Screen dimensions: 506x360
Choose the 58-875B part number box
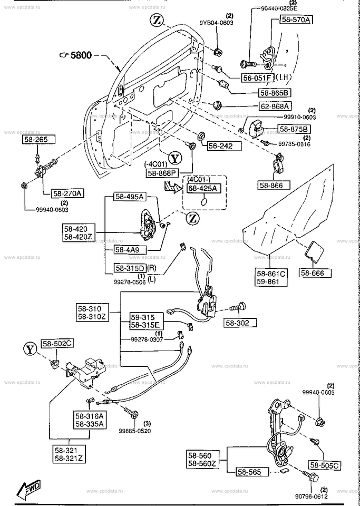294,129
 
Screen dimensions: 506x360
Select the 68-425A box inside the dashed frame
202,188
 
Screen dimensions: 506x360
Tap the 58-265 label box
35,140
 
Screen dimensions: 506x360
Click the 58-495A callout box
129,197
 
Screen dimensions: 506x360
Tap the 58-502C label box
58,343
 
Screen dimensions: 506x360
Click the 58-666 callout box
316,273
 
